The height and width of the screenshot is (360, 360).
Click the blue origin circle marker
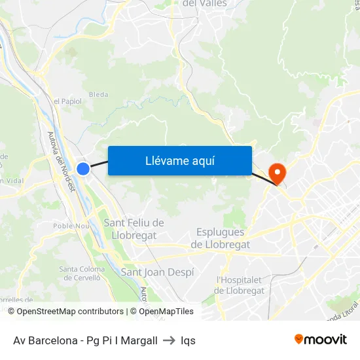(x=83, y=169)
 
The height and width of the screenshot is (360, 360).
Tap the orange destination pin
(x=278, y=173)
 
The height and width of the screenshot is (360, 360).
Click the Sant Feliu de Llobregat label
(x=134, y=229)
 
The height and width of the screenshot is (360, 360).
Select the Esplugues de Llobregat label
(x=220, y=238)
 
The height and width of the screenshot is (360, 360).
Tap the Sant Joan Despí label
(x=157, y=272)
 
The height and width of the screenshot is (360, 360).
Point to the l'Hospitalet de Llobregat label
(x=240, y=285)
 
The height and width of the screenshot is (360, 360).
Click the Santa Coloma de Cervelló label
(x=82, y=274)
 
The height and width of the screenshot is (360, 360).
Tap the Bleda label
(x=98, y=94)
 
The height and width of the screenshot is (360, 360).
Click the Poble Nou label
(x=71, y=226)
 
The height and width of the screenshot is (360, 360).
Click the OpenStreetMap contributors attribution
(x=70, y=312)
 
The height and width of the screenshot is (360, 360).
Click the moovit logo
(x=321, y=340)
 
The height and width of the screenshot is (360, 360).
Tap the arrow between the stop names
(x=169, y=340)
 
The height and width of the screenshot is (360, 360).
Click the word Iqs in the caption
(x=188, y=340)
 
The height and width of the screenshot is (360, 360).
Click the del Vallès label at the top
(x=205, y=3)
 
